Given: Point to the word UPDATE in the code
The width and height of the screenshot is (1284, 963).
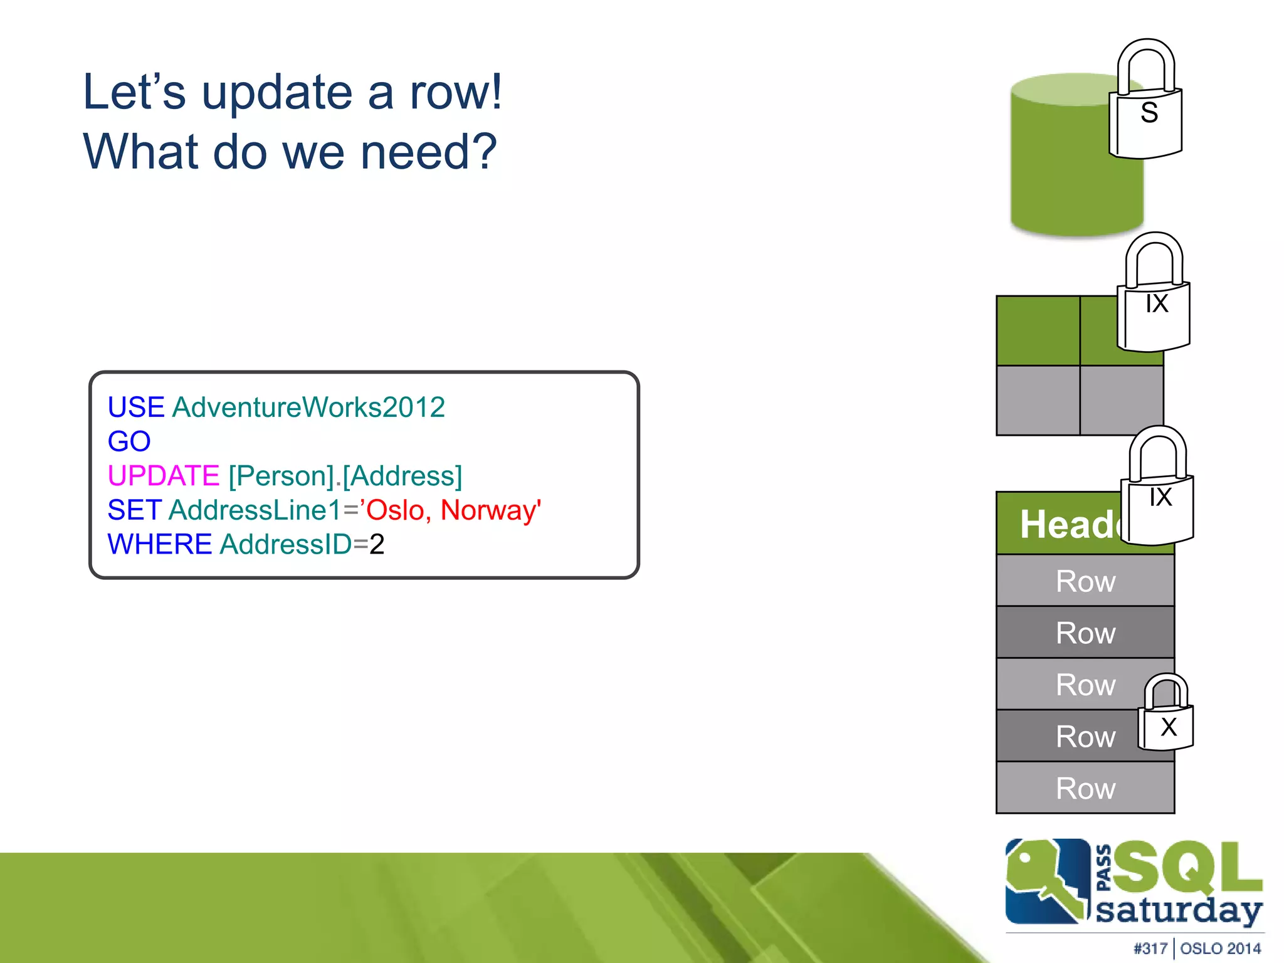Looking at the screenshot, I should pyautogui.click(x=163, y=476).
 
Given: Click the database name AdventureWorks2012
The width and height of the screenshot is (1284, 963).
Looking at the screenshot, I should pyautogui.click(x=308, y=408).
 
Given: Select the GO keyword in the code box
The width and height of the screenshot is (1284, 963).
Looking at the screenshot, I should pyautogui.click(x=129, y=441).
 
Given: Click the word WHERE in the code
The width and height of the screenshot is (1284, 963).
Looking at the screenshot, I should pyautogui.click(x=159, y=544).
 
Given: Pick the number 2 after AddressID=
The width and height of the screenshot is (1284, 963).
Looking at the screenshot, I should pyautogui.click(x=377, y=544).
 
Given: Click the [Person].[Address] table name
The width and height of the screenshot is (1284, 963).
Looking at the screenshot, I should pyautogui.click(x=345, y=476).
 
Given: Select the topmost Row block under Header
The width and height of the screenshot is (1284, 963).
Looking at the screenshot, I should pyautogui.click(x=1085, y=581).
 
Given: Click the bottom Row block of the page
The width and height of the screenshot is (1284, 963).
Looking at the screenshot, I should pyautogui.click(x=1085, y=788).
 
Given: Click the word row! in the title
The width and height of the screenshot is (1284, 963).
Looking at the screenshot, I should pyautogui.click(x=456, y=92).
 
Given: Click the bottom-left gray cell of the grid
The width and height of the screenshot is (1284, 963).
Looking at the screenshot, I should pyautogui.click(x=1038, y=401).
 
